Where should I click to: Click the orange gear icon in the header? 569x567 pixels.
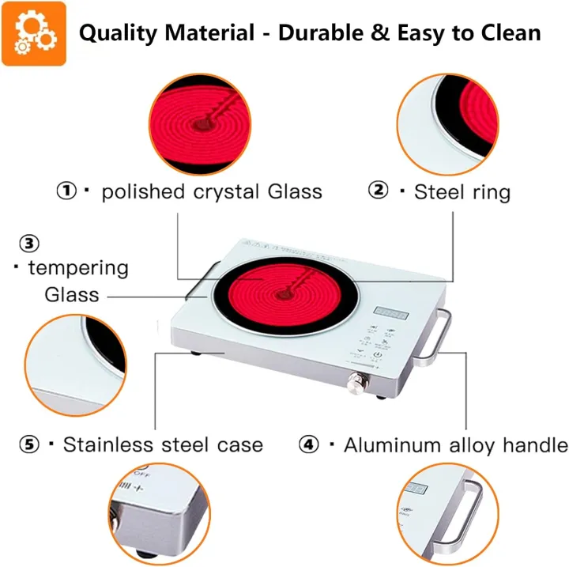point(33,33)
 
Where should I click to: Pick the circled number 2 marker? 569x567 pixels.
point(379,191)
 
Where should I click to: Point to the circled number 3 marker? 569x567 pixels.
point(29,243)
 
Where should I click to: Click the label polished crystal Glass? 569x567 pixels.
point(212,191)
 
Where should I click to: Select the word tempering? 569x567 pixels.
point(77,267)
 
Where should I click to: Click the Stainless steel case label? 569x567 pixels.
point(163,444)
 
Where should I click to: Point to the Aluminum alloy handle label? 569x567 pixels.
point(455,444)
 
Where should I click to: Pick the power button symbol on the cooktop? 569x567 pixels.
point(379,357)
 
